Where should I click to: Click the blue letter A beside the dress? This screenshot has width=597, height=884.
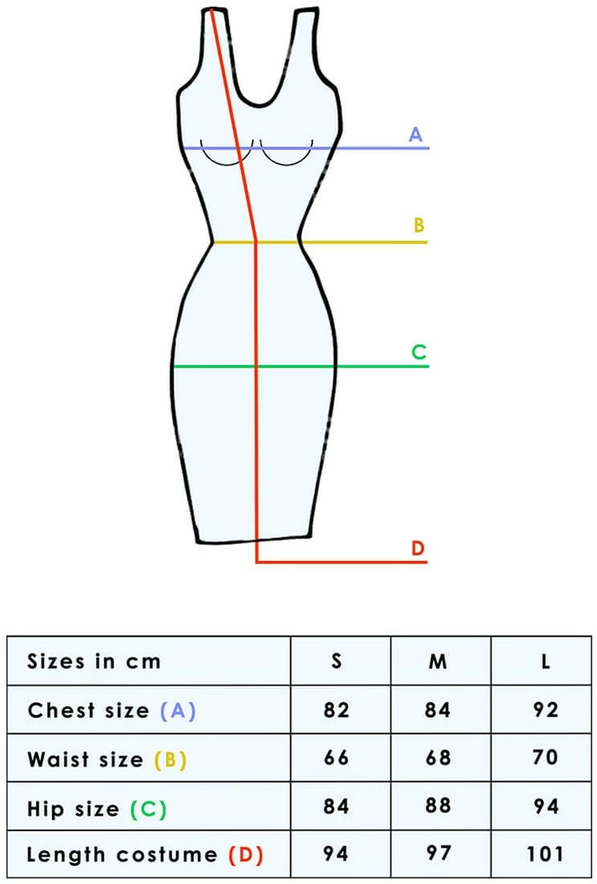[x=415, y=134]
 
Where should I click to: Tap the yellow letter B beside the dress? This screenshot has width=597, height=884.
[x=419, y=225]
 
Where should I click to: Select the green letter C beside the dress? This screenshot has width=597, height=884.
[x=418, y=352]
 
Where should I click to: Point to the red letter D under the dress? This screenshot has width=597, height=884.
[x=417, y=549]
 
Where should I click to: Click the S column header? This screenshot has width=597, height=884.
[x=337, y=661]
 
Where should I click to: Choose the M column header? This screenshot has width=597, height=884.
[x=438, y=661]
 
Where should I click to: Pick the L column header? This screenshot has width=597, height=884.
[x=546, y=661]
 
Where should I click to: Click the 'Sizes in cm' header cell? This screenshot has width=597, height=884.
[x=94, y=661]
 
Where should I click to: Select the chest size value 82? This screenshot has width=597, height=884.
[x=337, y=710]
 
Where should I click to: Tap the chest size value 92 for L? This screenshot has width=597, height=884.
[x=546, y=710]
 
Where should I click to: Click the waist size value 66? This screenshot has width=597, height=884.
[x=337, y=758]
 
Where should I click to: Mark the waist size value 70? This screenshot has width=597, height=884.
[x=546, y=758]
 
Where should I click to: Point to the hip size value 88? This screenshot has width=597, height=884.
[x=438, y=805]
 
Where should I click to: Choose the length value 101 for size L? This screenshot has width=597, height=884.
[x=546, y=853]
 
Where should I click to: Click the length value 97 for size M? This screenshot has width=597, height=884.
[x=438, y=853]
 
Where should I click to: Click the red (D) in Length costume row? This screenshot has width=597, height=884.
[x=246, y=855]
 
